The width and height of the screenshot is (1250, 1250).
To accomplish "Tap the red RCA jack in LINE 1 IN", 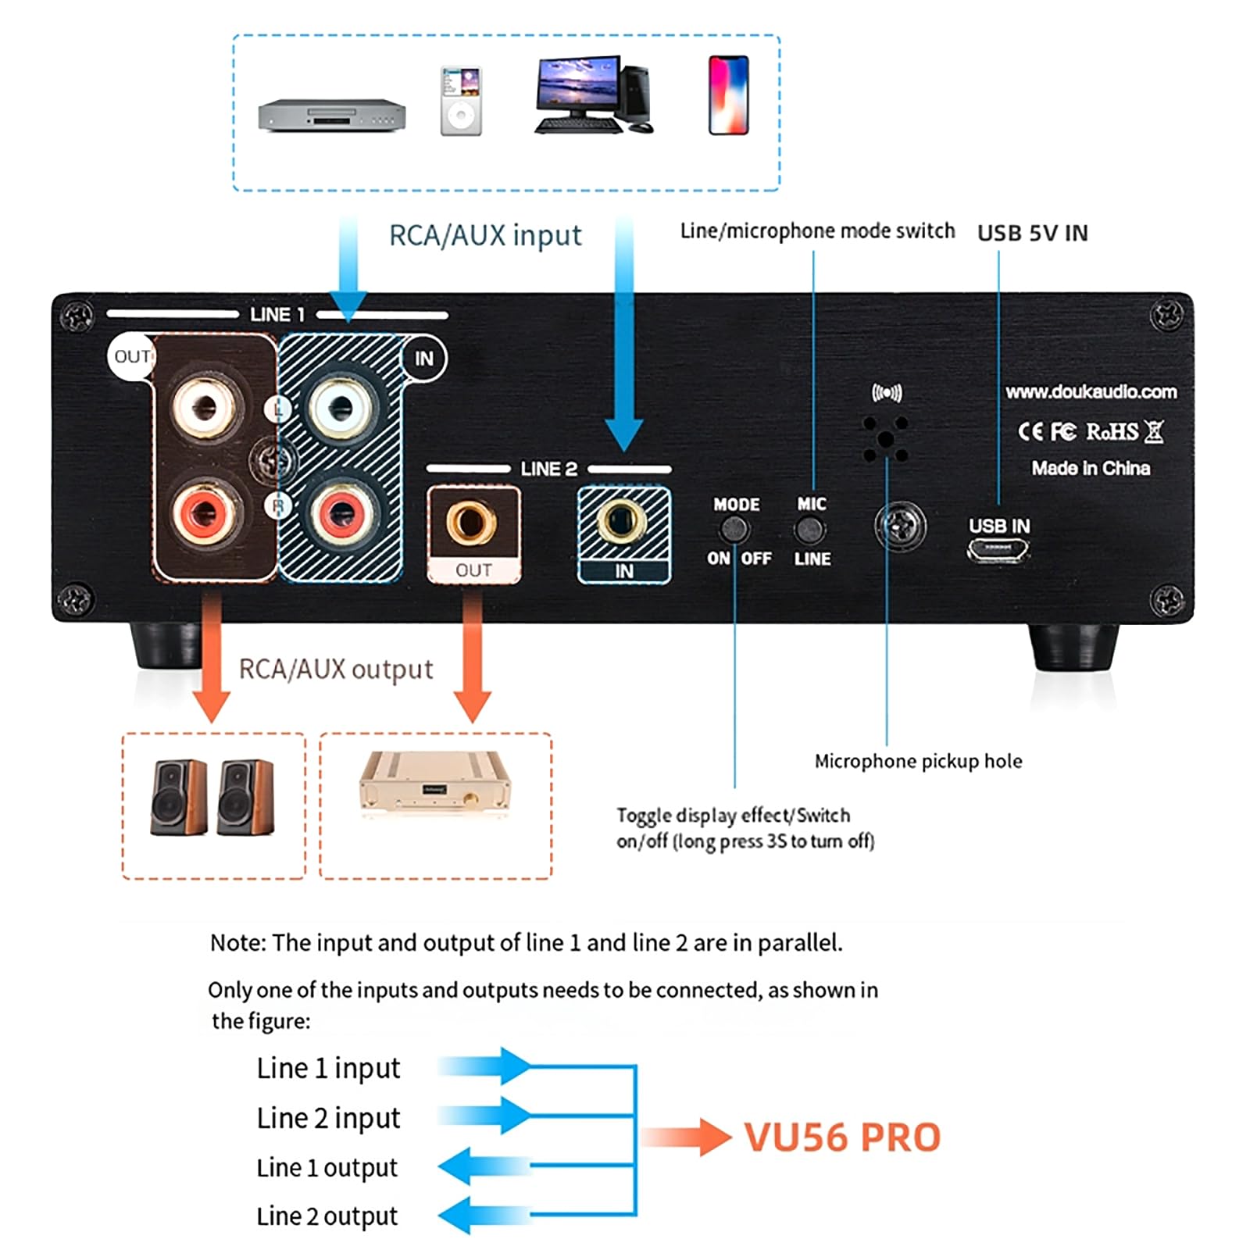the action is click(341, 513).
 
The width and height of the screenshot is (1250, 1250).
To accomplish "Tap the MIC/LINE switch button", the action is click(810, 531).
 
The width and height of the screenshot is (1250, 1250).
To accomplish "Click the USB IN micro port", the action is click(998, 551).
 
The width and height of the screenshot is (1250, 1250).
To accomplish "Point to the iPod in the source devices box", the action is click(461, 101).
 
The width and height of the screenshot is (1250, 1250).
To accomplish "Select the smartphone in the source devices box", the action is click(728, 95).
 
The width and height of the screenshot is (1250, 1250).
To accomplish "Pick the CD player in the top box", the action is click(332, 115).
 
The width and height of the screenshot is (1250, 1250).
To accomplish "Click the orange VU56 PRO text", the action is click(842, 1137).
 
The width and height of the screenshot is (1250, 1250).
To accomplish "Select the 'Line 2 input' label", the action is click(328, 1119).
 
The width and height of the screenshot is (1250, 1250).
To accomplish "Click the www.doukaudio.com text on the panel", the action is click(1091, 391).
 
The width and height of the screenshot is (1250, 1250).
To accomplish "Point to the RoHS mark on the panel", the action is click(1112, 430).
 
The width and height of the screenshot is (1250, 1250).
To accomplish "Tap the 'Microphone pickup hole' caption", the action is click(918, 761).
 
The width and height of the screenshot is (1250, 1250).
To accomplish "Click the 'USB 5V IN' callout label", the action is click(1032, 233).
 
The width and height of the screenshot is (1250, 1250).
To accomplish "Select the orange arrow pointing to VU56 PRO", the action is click(687, 1137).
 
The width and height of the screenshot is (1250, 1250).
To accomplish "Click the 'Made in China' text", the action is click(1091, 468).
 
